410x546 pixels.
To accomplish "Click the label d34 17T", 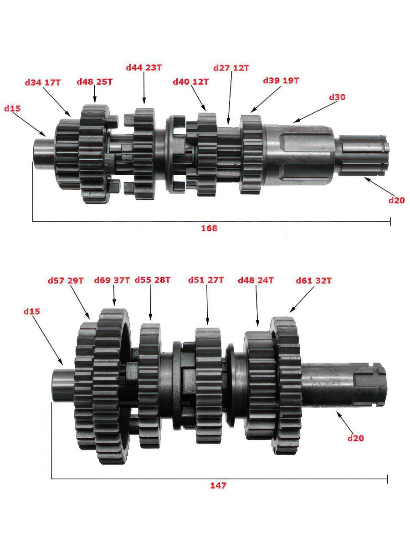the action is point(42,83).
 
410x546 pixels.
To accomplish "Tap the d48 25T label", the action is point(95,81).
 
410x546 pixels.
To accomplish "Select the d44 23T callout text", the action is point(144,67).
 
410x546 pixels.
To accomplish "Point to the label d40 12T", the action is point(191,81).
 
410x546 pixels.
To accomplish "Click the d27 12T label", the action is point(231,68).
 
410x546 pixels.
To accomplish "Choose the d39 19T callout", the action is point(281,81).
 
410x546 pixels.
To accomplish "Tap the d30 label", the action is point(337,97).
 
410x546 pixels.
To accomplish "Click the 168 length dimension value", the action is point(209,228).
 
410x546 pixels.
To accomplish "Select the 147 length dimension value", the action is point(218,485).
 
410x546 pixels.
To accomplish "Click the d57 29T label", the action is point(66,281).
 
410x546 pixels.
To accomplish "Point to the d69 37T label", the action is point(112,280).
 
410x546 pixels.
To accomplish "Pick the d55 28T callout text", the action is point(153,280).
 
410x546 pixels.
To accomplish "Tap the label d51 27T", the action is point(206,280).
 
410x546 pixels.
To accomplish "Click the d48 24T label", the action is point(256,280).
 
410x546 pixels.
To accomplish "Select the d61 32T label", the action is point(314,281).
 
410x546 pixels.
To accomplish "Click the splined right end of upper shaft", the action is point(362,156).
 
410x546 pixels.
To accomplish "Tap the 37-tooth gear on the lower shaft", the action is point(112,386).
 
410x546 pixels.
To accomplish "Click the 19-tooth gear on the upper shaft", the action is point(251,154).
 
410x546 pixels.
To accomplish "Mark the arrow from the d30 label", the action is point(316,112).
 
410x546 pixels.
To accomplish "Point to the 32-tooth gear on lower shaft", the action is point(286,385).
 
